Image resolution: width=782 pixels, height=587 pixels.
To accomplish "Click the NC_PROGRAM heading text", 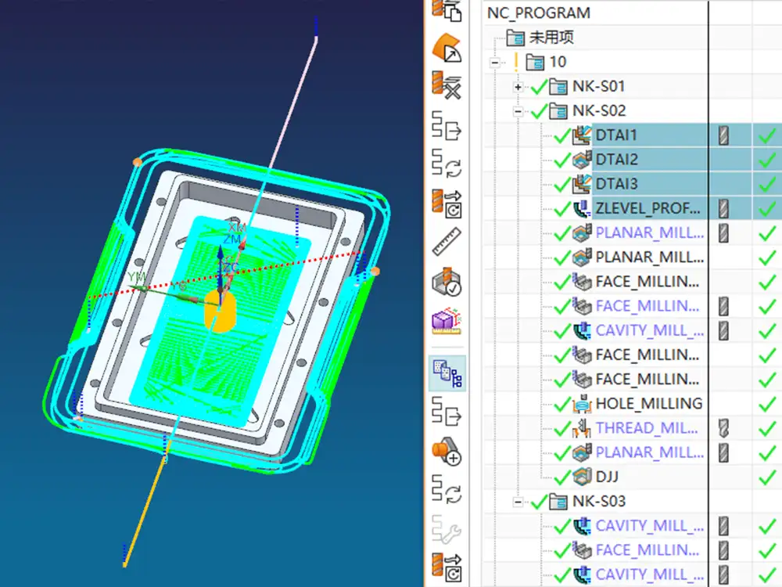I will (538, 13).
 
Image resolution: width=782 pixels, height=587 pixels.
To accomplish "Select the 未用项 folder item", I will (552, 37).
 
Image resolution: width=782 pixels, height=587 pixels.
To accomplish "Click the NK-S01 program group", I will (598, 86).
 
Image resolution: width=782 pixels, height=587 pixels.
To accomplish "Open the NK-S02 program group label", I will (598, 110).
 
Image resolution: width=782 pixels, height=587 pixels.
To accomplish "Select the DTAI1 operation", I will (616, 135).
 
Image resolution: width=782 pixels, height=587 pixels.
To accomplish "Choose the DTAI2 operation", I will (616, 160).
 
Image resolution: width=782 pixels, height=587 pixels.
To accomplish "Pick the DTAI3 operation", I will (616, 184).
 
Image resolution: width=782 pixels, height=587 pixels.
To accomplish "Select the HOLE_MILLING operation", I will (648, 404).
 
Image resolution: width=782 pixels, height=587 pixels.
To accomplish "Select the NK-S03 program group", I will (598, 501).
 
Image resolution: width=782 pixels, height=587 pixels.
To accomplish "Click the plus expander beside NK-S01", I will (518, 86).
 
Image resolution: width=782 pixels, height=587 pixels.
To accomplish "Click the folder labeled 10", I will (558, 61).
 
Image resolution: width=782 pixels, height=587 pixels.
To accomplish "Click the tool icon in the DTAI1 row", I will (723, 135).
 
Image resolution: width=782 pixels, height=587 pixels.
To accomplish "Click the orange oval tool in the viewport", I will (220, 311).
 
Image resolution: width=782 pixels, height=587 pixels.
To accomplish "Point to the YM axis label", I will (138, 276).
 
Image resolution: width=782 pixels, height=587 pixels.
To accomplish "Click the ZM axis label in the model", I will (232, 239).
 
